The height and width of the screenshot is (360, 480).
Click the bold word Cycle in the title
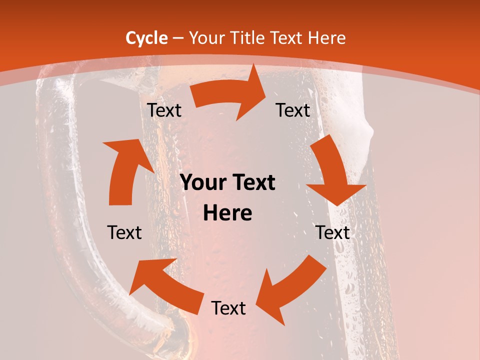click(x=146, y=38)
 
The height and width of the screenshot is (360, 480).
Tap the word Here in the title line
click(x=326, y=38)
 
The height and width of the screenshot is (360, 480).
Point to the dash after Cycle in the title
click(x=177, y=38)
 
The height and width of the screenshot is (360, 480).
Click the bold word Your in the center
click(x=202, y=183)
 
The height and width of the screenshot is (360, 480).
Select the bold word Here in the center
click(x=227, y=213)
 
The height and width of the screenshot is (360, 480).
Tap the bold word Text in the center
click(x=252, y=183)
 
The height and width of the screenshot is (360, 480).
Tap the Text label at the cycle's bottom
click(x=228, y=308)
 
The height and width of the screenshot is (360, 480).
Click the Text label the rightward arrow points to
click(x=293, y=110)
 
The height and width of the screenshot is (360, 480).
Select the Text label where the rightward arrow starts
click(x=164, y=110)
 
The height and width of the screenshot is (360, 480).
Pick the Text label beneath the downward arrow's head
click(x=332, y=232)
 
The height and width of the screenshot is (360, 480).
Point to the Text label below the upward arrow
click(x=124, y=232)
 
